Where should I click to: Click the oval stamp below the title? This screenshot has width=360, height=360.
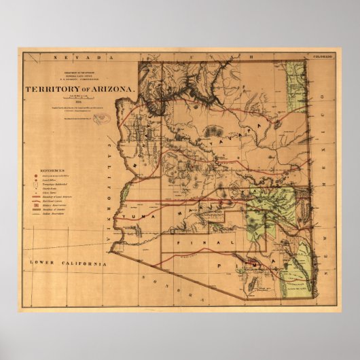(100, 118)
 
